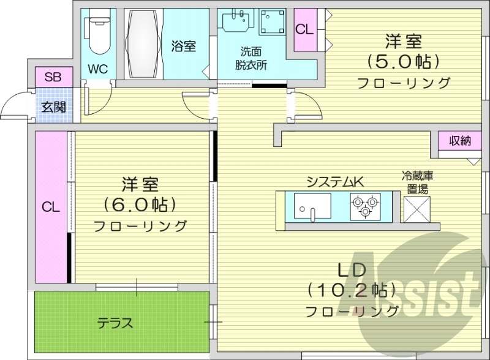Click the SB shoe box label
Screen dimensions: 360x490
[x=53, y=77]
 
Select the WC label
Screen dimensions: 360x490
[x=98, y=69]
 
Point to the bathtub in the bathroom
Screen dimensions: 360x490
[x=145, y=43]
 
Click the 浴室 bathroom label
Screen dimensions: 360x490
[x=184, y=46]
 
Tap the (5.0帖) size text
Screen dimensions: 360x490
[x=404, y=62]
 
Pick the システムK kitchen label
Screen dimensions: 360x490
[x=335, y=181]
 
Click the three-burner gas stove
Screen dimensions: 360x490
[x=365, y=205]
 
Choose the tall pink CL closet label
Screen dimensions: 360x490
[x=51, y=207]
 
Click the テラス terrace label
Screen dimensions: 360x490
[x=115, y=323]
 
